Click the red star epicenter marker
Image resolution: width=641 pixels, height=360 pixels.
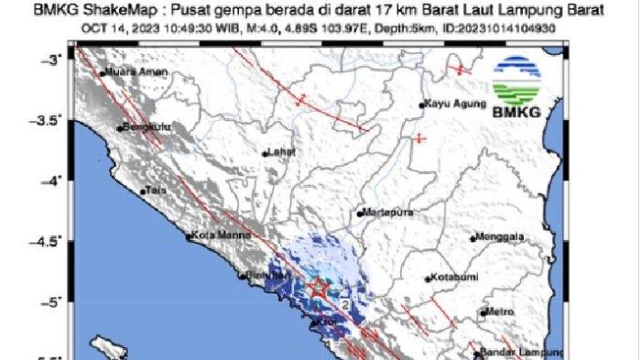[x=317, y=288]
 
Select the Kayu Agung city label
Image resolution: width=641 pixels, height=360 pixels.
[x=449, y=104]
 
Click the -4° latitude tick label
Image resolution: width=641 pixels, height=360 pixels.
[x=59, y=180]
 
